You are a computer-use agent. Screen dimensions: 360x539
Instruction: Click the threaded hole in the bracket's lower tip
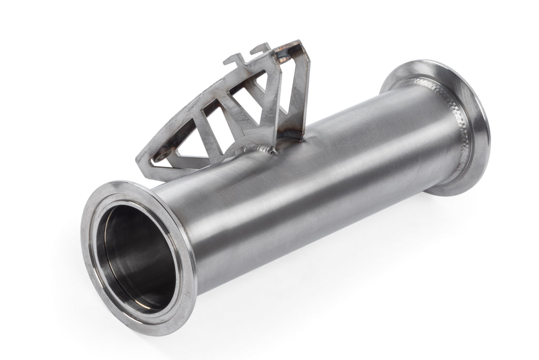click(x=161, y=155)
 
